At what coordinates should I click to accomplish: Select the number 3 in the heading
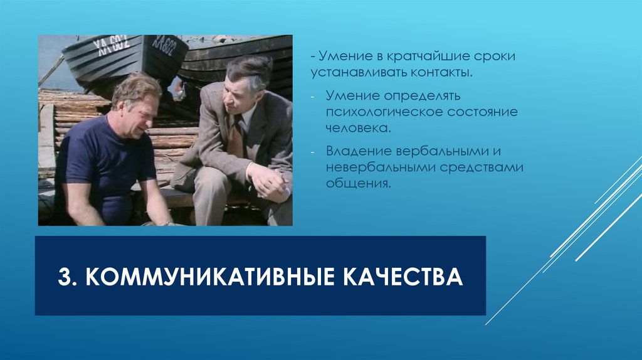point(65,277)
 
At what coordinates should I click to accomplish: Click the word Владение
point(357,152)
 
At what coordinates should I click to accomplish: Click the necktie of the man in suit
point(236,137)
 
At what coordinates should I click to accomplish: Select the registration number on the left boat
point(111,43)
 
